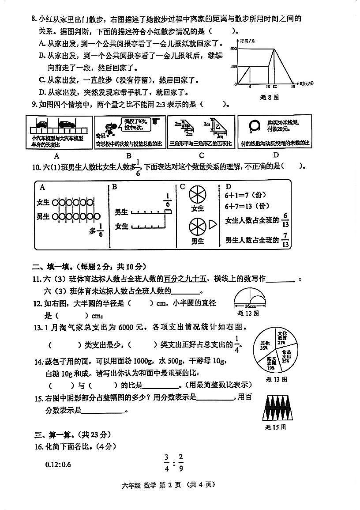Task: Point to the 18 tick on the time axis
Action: point(293,87)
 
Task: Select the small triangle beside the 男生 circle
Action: point(213,225)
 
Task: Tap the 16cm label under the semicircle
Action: point(250,306)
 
